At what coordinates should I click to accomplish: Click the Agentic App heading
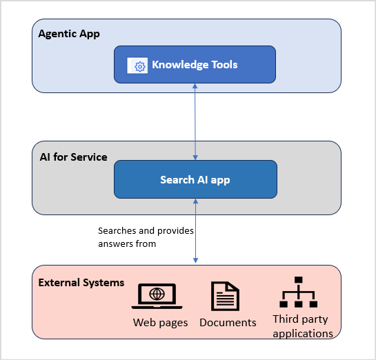(x=69, y=34)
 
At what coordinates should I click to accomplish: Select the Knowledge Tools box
(x=195, y=65)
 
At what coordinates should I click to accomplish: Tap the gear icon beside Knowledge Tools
(x=139, y=66)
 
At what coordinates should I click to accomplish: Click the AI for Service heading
(x=73, y=157)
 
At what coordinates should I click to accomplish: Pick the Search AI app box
(x=195, y=179)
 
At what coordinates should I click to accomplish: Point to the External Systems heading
(x=81, y=283)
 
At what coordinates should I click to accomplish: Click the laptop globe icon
(x=157, y=295)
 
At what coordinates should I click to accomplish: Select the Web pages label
(x=160, y=323)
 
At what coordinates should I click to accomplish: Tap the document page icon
(x=225, y=296)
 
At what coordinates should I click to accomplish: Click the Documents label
(x=228, y=323)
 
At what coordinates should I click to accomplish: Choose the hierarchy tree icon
(x=299, y=292)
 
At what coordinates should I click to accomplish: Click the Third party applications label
(x=303, y=326)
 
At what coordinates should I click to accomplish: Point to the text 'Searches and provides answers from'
(x=146, y=237)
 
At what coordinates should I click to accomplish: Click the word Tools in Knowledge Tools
(x=221, y=65)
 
